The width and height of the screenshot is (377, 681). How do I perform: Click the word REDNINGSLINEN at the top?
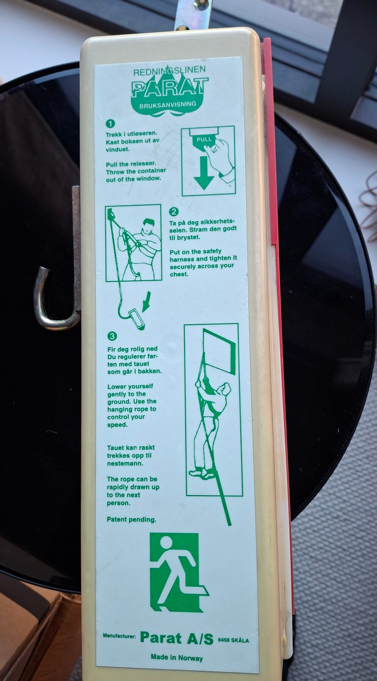[x=169, y=72]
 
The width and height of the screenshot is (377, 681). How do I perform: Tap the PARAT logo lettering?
[x=170, y=88]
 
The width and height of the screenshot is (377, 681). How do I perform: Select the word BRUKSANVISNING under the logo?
[x=168, y=105]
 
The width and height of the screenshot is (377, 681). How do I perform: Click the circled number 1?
[x=110, y=124]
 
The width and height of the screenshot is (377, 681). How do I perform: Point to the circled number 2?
[x=174, y=212]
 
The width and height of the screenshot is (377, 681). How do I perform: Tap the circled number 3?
[x=112, y=336]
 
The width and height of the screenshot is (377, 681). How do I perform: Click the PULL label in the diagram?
[x=204, y=139]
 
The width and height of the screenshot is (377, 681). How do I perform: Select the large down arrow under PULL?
[x=204, y=173]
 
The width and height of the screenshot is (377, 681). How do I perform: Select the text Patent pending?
[x=132, y=520]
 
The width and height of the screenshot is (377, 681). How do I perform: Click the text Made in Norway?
[x=177, y=658]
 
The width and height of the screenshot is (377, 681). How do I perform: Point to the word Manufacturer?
[x=119, y=636]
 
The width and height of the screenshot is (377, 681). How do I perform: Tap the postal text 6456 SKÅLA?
[x=233, y=640]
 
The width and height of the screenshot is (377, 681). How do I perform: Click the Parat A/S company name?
[x=176, y=638]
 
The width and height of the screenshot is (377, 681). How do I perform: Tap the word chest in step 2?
[x=179, y=274]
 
